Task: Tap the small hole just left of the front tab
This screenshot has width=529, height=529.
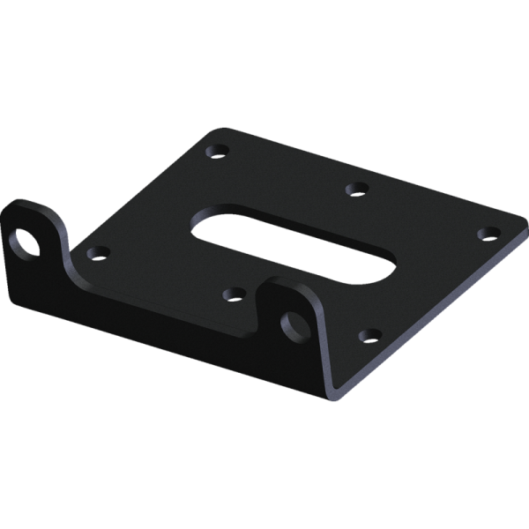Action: tap(234, 294)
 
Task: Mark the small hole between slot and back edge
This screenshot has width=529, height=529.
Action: tap(355, 188)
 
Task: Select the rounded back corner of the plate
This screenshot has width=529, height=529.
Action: tap(216, 130)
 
